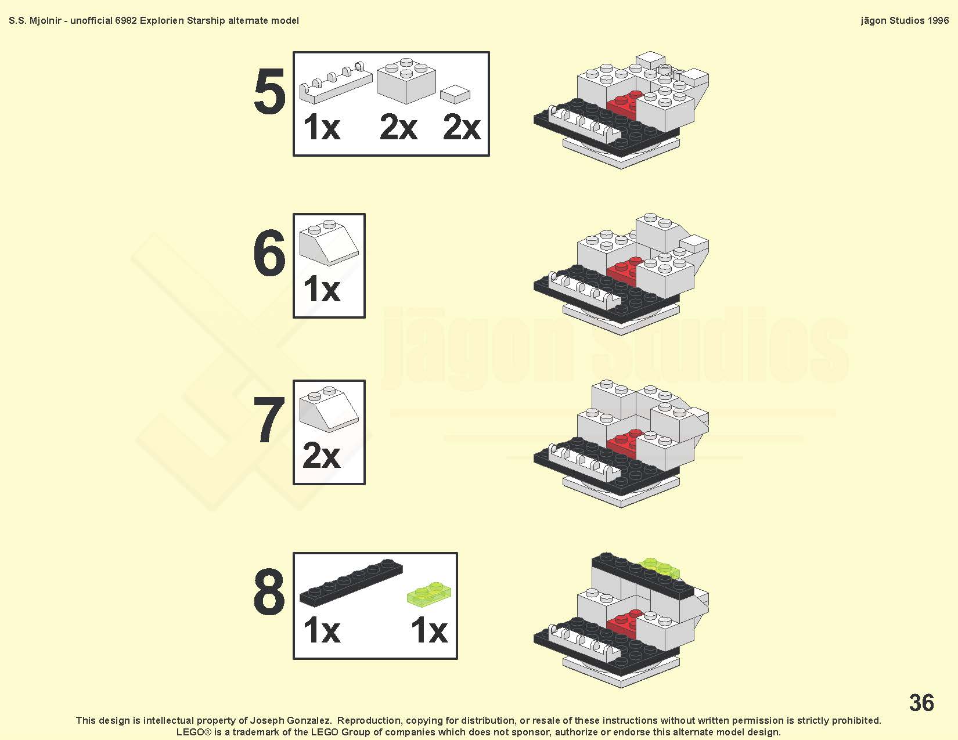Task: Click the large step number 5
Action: point(269,92)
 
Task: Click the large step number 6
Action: point(269,253)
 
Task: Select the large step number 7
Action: point(269,419)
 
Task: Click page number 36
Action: point(921,702)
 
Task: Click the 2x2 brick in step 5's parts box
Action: point(406,81)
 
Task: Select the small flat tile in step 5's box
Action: point(455,95)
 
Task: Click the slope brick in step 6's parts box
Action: point(329,242)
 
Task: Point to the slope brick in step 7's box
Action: point(329,409)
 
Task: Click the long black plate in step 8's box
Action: point(351,582)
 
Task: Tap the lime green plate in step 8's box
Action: point(428,594)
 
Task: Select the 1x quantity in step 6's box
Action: point(322,289)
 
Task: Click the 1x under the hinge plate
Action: point(322,127)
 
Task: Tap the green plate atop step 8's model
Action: point(660,568)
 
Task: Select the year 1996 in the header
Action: point(938,20)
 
